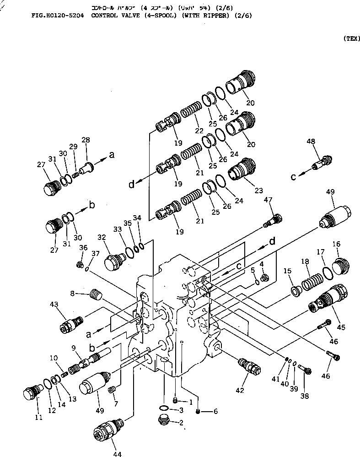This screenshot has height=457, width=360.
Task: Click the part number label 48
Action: coord(311,142)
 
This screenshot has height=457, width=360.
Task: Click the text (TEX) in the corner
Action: coord(351,39)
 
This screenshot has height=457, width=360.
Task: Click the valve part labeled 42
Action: coord(248,366)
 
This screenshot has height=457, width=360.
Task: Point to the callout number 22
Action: coord(198,131)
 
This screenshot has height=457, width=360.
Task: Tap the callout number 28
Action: coord(86,139)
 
